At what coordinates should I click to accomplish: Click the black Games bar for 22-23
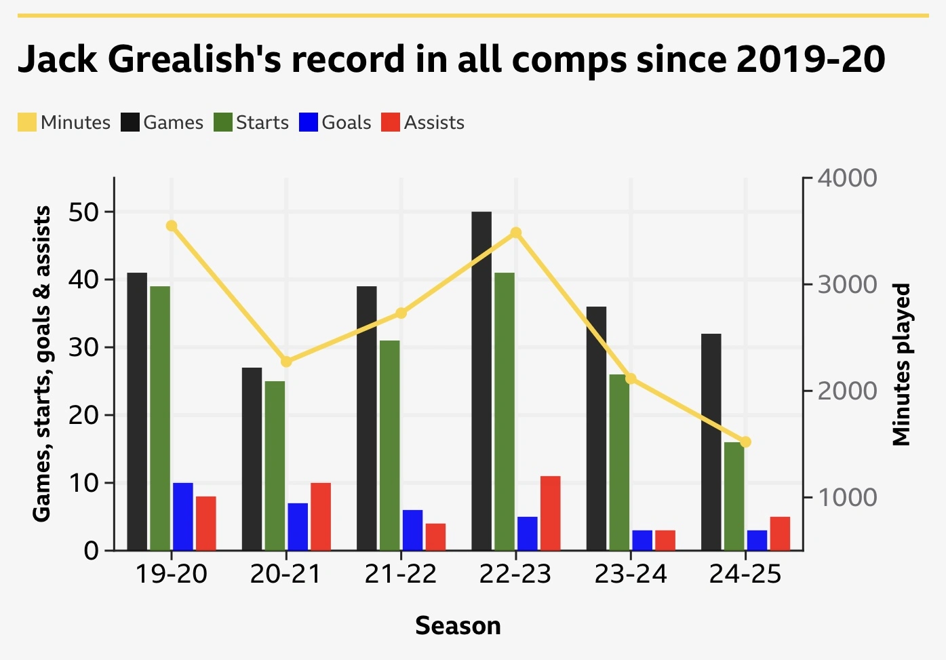pyautogui.click(x=481, y=380)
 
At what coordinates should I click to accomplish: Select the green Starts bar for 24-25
pyautogui.click(x=734, y=496)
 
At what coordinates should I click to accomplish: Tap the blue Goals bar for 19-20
pyautogui.click(x=183, y=516)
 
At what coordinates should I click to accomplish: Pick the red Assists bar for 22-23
pyautogui.click(x=551, y=513)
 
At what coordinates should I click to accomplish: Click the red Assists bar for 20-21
pyautogui.click(x=321, y=516)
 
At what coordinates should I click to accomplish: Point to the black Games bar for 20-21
pyautogui.click(x=252, y=459)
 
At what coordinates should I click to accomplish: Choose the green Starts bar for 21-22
pyautogui.click(x=390, y=445)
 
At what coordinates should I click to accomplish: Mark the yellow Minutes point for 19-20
pyautogui.click(x=172, y=226)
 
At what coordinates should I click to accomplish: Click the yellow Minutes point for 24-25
pyautogui.click(x=745, y=442)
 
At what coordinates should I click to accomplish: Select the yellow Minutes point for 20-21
pyautogui.click(x=286, y=362)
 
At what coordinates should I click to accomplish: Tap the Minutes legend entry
pyautogui.click(x=65, y=123)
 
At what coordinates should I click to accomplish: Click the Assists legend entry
pyautogui.click(x=424, y=123)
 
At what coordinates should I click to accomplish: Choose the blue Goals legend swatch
pyautogui.click(x=309, y=123)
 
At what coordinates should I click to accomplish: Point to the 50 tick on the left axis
pyautogui.click(x=82, y=212)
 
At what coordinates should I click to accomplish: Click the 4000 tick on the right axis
pyautogui.click(x=847, y=178)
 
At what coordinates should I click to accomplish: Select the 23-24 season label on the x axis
pyautogui.click(x=631, y=575)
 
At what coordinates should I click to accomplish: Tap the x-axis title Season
pyautogui.click(x=458, y=625)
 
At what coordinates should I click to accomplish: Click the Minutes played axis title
pyautogui.click(x=901, y=365)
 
